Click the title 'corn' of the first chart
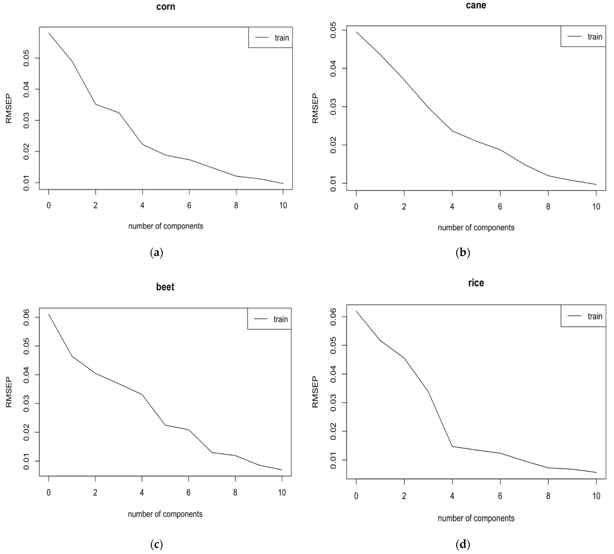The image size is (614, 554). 166,7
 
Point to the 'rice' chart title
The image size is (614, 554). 476,283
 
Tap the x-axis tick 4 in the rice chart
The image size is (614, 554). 452,496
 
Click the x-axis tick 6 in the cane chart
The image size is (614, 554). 500,207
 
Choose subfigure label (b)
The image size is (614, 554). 463,253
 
